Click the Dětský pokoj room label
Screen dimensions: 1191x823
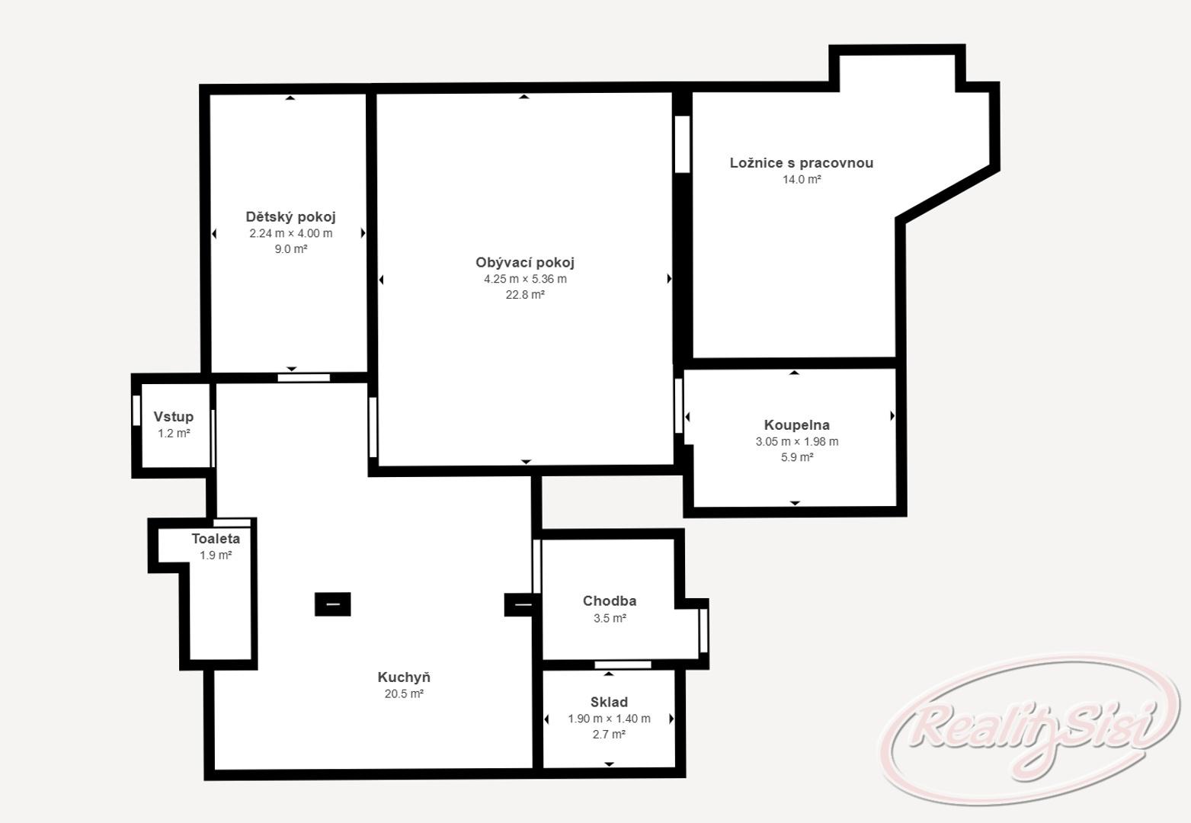[x=290, y=217]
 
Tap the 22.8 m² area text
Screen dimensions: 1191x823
[x=525, y=295]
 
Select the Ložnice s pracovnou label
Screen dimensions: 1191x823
[x=802, y=162]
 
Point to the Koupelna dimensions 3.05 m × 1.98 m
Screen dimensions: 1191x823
[x=796, y=441]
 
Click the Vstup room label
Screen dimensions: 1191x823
[x=173, y=417]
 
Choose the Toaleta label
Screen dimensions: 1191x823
[x=216, y=539]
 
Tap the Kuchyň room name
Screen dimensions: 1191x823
[x=404, y=677]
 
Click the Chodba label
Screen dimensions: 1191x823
[x=610, y=600]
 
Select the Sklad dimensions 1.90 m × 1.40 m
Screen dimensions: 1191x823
[x=609, y=719]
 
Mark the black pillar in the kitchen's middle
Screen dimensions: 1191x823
[x=333, y=604]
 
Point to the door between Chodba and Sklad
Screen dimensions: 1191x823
[x=623, y=664]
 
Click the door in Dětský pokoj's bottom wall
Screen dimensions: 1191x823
[x=303, y=377]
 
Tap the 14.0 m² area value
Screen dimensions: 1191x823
[x=802, y=180]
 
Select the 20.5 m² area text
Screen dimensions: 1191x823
[x=404, y=693]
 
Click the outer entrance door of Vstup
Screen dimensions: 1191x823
[x=136, y=411]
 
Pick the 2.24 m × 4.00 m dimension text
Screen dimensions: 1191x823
[x=291, y=233]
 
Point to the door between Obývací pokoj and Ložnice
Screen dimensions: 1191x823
[x=682, y=144]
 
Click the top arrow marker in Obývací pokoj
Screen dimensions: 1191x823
[x=524, y=97]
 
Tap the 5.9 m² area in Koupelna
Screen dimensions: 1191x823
[x=796, y=457]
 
